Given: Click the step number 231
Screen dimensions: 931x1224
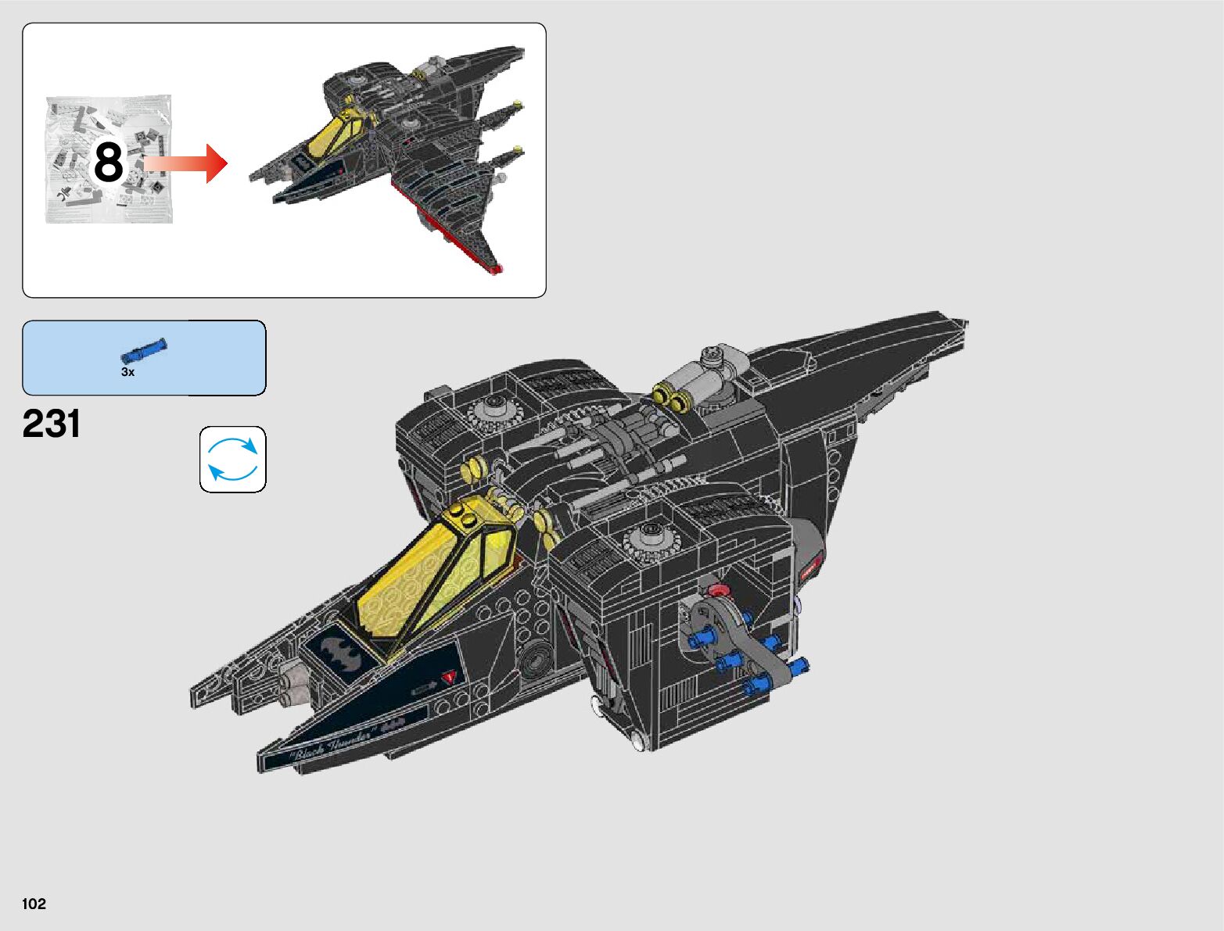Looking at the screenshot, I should pyautogui.click(x=52, y=424).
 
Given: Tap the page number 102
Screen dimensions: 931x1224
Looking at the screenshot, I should pyautogui.click(x=34, y=904).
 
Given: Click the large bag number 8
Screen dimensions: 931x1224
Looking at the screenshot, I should pyautogui.click(x=108, y=163).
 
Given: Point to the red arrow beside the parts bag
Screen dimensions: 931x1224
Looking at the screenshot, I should pyautogui.click(x=187, y=163).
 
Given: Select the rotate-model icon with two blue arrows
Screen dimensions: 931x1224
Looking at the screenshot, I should pyautogui.click(x=232, y=460).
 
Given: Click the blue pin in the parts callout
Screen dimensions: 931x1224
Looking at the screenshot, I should pyautogui.click(x=143, y=351).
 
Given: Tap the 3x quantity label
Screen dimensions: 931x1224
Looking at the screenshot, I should pyautogui.click(x=127, y=373).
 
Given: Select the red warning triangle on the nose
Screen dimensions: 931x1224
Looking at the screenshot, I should pyautogui.click(x=448, y=677).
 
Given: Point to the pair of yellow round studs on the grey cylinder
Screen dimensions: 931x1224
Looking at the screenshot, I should pyautogui.click(x=672, y=399).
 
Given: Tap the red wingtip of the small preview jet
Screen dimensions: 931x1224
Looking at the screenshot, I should pyautogui.click(x=495, y=270).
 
